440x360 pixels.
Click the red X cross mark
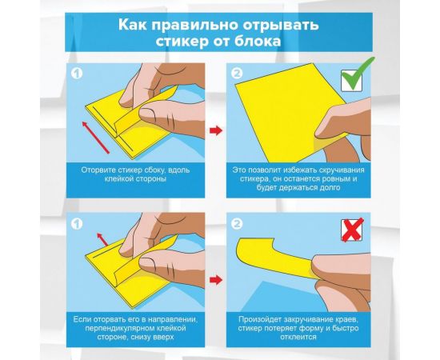353,230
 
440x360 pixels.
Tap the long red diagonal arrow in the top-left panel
95,138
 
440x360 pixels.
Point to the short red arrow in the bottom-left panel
102,239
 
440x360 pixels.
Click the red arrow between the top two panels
216,130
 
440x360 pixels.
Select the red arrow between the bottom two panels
216,280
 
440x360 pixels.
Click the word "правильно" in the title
195,26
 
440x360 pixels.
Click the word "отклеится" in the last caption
298,337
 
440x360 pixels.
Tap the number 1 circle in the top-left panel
77,74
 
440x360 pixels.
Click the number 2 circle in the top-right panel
237,74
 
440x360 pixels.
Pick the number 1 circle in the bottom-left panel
77,224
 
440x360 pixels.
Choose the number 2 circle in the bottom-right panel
237,224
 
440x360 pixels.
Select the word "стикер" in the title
182,42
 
